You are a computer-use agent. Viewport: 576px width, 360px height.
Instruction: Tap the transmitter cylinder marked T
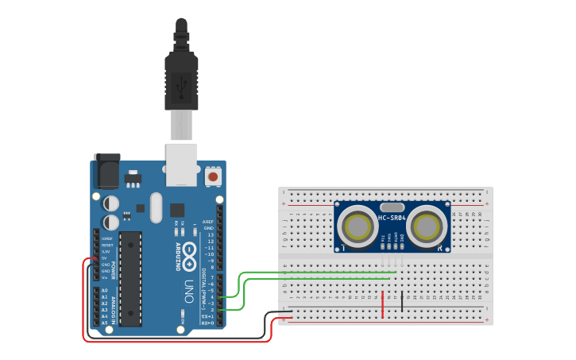[356, 227]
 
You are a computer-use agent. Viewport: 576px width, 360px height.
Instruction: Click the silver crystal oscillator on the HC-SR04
[392, 207]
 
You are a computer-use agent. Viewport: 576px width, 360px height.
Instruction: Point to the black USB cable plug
[181, 79]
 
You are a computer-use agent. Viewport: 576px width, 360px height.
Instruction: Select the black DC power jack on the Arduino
[106, 170]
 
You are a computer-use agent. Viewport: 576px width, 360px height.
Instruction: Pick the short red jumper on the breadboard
[383, 304]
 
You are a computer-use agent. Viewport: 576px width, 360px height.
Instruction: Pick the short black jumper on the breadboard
[402, 301]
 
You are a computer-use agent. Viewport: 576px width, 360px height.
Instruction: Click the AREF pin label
[208, 222]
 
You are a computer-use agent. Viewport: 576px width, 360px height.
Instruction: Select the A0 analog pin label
[104, 290]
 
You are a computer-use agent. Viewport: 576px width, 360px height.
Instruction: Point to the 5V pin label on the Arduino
[104, 257]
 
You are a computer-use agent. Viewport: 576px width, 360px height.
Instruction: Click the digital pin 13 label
[210, 235]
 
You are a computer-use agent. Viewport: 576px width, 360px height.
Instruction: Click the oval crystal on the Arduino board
[155, 208]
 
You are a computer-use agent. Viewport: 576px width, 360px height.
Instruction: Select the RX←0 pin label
[208, 323]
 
